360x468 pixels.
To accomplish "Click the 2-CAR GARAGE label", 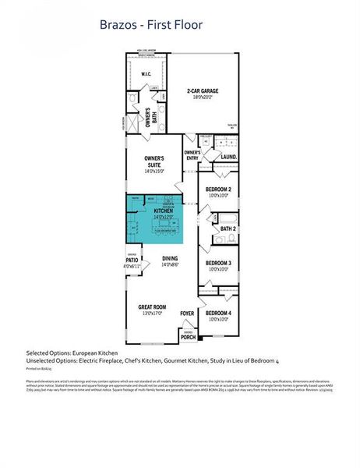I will click(x=202, y=91).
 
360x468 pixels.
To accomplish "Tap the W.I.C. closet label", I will click(x=145, y=74).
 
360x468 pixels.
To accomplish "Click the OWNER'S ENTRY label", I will click(x=192, y=154).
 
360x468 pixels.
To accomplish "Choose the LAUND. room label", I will click(x=229, y=156).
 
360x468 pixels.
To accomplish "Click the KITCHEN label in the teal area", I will click(x=163, y=211).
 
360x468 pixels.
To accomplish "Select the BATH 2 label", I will click(x=228, y=229).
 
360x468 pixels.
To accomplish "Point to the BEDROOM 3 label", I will click(x=219, y=263).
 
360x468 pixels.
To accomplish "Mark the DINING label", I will click(x=170, y=258).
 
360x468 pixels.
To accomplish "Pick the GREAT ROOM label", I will click(x=153, y=307).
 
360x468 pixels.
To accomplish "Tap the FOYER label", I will click(x=187, y=314).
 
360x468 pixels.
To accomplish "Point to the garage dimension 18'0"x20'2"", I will click(x=202, y=99).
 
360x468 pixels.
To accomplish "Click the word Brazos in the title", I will click(x=118, y=25).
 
